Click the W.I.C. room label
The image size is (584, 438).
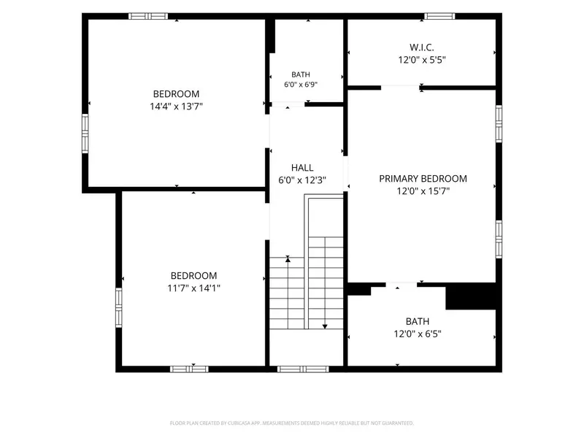(x=422, y=47)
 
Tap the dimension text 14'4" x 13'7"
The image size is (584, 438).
(x=176, y=107)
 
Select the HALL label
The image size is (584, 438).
(x=302, y=168)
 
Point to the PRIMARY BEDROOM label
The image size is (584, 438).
(x=423, y=179)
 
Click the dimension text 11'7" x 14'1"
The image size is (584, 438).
(x=193, y=288)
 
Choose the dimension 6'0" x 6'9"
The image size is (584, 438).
(x=301, y=85)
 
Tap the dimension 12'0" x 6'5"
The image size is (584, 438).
(x=418, y=334)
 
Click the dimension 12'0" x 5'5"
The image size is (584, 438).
(x=422, y=60)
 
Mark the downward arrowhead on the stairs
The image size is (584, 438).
(x=325, y=326)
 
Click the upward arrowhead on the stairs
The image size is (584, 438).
(x=288, y=259)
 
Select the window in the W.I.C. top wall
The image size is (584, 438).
(x=439, y=16)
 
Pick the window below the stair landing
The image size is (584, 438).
(x=303, y=369)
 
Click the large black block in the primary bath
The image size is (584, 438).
(x=471, y=296)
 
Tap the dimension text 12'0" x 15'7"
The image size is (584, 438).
(x=423, y=191)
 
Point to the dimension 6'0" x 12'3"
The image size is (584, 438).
(x=302, y=180)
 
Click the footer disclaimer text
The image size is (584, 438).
(x=291, y=423)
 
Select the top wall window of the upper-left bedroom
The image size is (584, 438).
(x=148, y=16)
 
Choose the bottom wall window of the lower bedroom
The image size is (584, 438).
(x=189, y=369)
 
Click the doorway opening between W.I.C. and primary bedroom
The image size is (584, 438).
(x=400, y=88)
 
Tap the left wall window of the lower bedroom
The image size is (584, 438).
(x=118, y=307)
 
